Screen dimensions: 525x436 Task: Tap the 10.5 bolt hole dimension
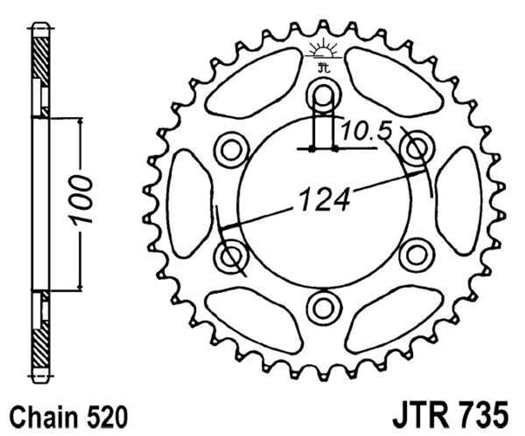coord(367,131)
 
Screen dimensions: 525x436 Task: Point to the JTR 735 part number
coord(451,415)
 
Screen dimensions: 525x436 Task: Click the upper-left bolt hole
coord(231,150)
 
